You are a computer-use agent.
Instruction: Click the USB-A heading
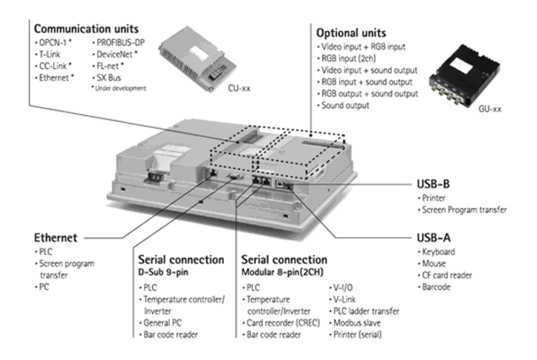click(x=433, y=238)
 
